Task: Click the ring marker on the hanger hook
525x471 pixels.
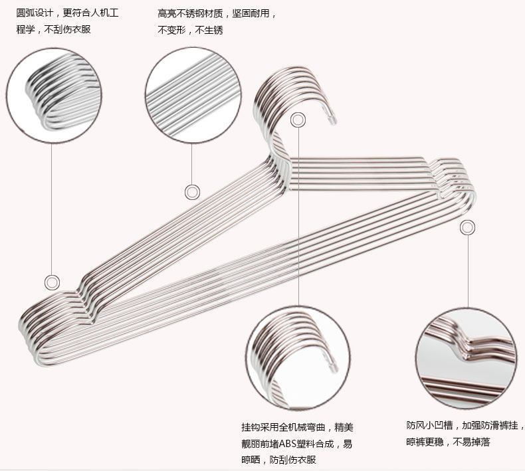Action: click(298, 120)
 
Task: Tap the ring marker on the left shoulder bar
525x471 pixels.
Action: click(192, 192)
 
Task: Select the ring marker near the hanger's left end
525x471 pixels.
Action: click(52, 282)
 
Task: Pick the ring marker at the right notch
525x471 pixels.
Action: click(468, 227)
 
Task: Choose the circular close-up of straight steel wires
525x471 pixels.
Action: click(192, 94)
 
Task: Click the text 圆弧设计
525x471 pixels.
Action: click(35, 13)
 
